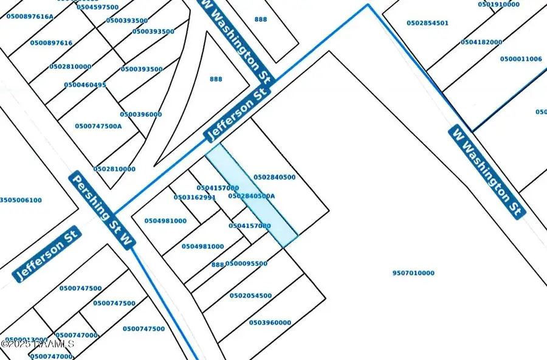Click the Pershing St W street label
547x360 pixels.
[x=101, y=210]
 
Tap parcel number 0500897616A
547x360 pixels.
[x=30, y=16]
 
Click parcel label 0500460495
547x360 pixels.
[x=85, y=85]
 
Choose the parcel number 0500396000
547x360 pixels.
[x=141, y=114]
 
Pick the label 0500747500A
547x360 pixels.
[x=98, y=126]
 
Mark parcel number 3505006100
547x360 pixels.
[x=21, y=200]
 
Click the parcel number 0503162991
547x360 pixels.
[x=194, y=198]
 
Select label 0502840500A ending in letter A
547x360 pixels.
[x=251, y=196]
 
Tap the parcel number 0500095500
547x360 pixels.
[x=246, y=264]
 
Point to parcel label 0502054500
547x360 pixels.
[x=250, y=296]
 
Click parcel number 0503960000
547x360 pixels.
[x=270, y=323]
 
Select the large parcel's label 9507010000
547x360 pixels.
[x=413, y=274]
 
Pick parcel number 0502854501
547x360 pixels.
[x=427, y=23]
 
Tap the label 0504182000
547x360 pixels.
[x=481, y=43]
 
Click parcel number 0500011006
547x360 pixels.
[x=521, y=59]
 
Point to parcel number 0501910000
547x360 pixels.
[x=499, y=5]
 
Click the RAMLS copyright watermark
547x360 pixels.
[x=38, y=344]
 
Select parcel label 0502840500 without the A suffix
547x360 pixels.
[x=275, y=178]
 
